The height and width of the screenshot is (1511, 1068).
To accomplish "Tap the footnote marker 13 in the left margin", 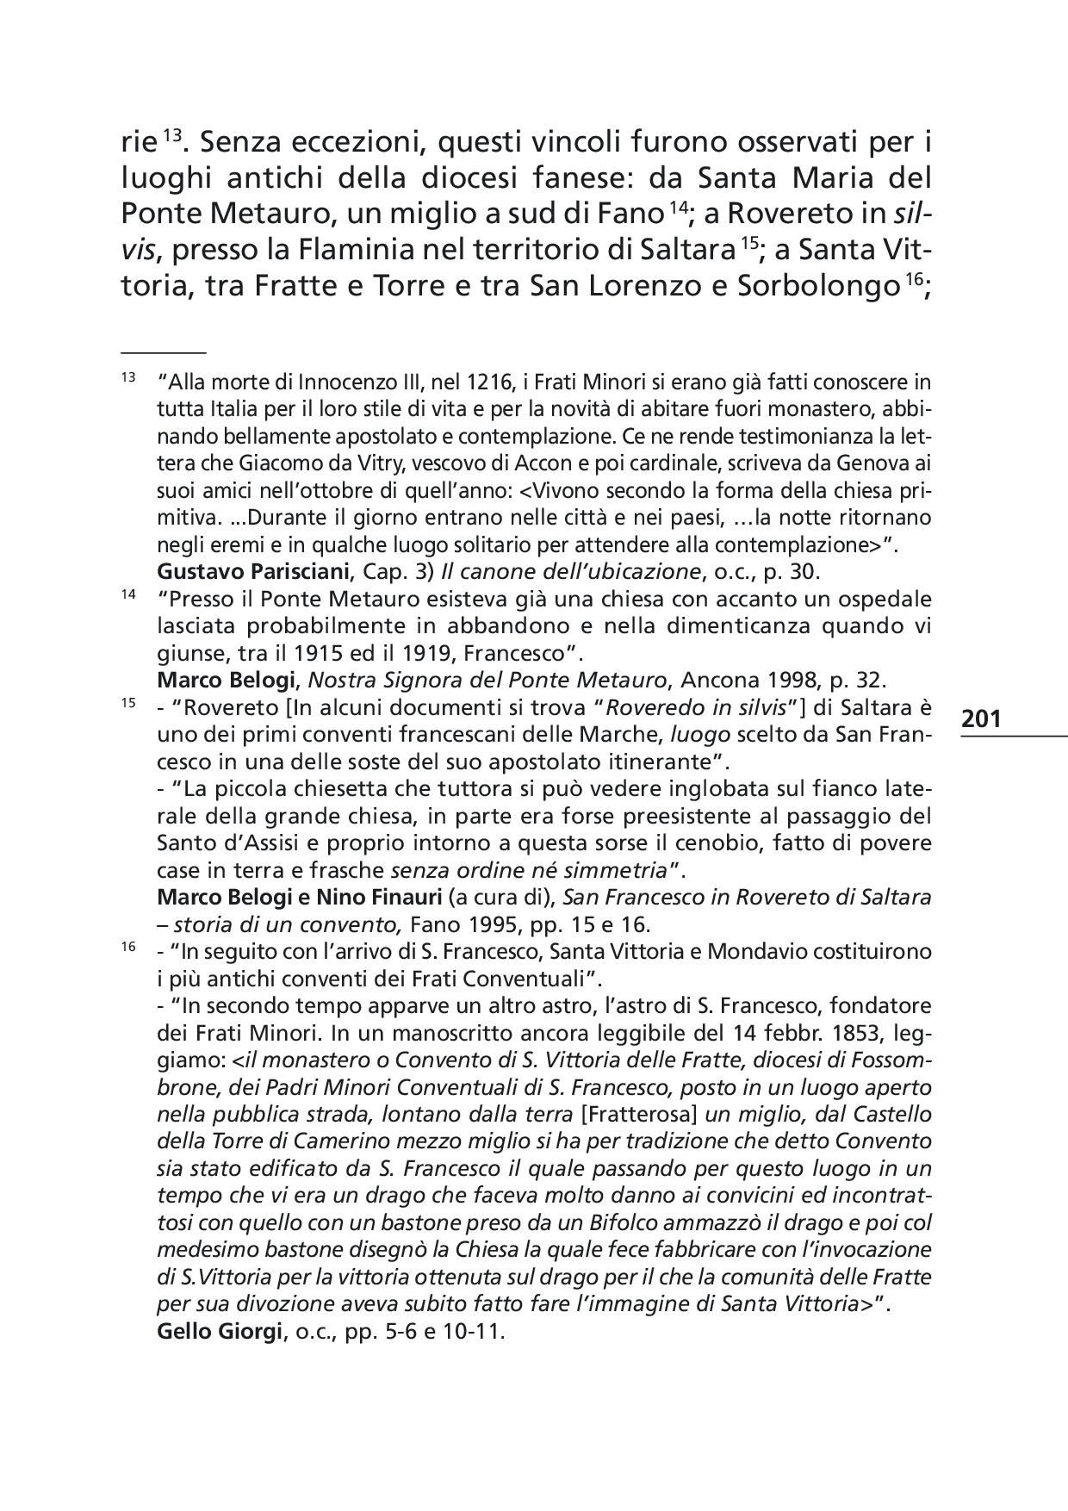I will tap(128, 378).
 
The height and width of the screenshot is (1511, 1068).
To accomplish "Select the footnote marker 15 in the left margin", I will tap(128, 703).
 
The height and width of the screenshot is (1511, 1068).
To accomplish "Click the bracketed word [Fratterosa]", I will tap(640, 1114).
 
